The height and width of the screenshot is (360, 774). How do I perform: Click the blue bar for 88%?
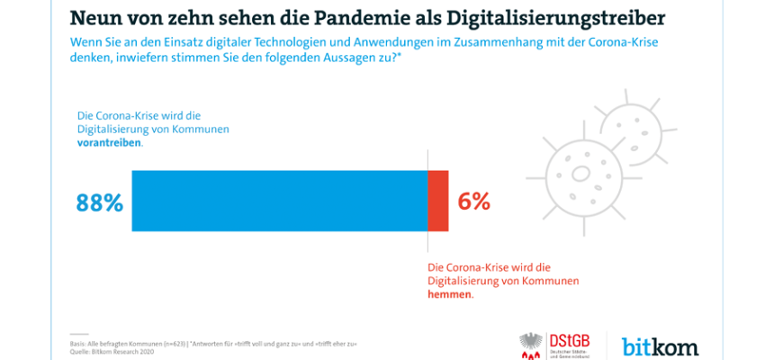coord(279,201)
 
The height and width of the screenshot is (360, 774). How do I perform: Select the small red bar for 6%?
coord(437,201)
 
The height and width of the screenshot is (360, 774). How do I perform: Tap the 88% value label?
coord(98,202)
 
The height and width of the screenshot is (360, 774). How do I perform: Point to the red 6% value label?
coord(474,202)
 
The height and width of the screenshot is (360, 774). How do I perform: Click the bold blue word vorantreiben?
coord(108,143)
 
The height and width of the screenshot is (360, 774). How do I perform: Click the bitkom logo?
coord(661,346)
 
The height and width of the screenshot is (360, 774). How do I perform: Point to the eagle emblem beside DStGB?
coord(531,346)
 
